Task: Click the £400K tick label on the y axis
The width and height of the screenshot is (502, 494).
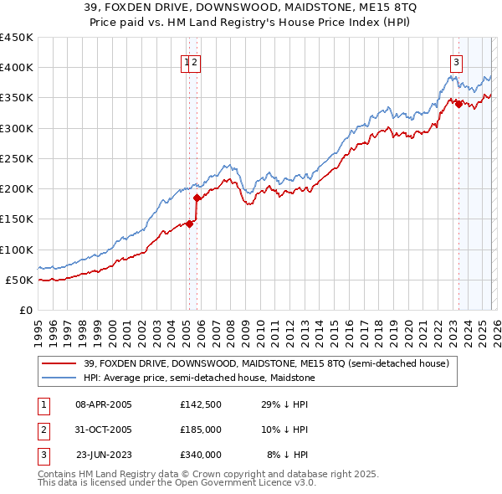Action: [17, 68]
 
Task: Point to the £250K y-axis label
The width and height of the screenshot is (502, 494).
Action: [17, 158]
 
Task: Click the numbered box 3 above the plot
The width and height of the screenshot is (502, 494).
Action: [456, 61]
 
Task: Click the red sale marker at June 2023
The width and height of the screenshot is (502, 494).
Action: [458, 104]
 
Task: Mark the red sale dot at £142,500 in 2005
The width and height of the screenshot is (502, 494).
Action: [190, 224]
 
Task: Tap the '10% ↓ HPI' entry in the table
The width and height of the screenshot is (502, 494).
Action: [285, 430]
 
